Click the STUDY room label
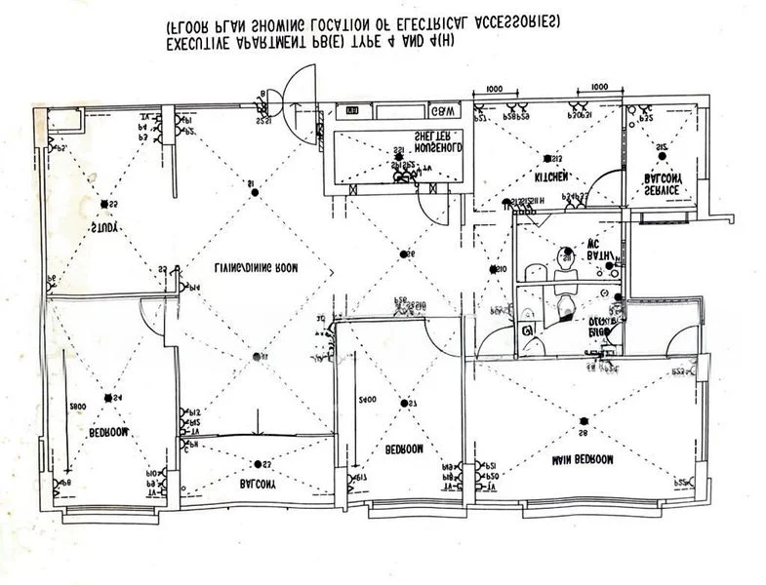(x=104, y=227)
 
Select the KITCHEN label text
(x=550, y=177)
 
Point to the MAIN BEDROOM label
(x=582, y=458)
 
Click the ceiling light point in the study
(x=103, y=205)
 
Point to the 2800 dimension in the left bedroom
(x=79, y=404)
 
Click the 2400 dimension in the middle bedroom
(x=367, y=400)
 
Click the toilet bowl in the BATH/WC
(x=564, y=258)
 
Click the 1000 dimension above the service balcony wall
(x=599, y=88)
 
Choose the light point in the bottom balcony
(x=256, y=464)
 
